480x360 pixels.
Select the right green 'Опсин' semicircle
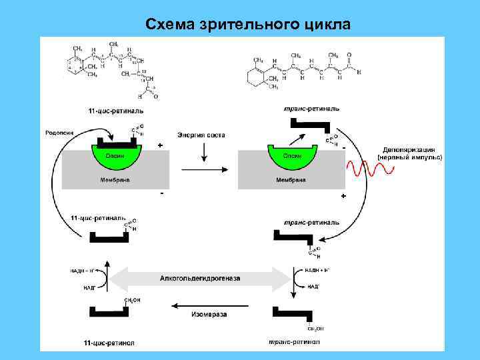[x=292, y=157]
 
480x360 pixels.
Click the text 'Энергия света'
[x=201, y=135]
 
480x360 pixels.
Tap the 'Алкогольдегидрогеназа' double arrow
[x=199, y=277]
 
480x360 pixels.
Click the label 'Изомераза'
[x=205, y=313]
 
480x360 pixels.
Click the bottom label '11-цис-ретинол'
[x=109, y=343]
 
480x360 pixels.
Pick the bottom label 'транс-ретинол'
[x=293, y=343]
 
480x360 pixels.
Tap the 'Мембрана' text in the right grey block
[x=291, y=180]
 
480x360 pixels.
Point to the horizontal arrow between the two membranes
[x=203, y=169]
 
